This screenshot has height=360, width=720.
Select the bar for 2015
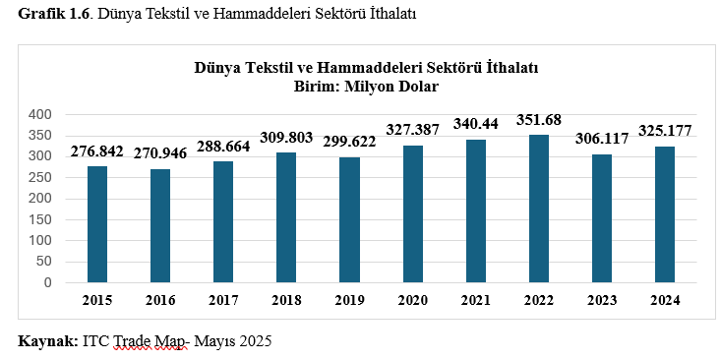coord(96,224)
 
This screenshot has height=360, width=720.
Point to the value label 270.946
coord(159,153)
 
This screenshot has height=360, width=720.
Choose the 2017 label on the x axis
coord(223,300)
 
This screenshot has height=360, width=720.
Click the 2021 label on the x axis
coord(475,300)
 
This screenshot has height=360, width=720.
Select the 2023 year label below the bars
coord(601,300)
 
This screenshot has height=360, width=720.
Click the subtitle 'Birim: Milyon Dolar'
coord(366,86)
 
